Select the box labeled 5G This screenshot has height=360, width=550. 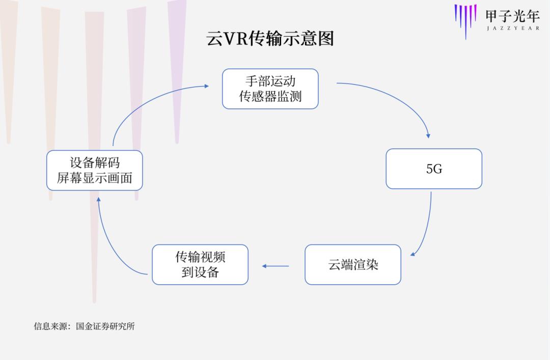click(x=434, y=169)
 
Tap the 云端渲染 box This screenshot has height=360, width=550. click(x=353, y=265)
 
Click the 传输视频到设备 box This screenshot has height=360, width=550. click(x=200, y=264)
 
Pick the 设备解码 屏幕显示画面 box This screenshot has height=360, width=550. click(x=94, y=170)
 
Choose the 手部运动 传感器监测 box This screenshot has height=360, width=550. click(x=270, y=89)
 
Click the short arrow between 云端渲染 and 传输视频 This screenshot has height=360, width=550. click(x=276, y=266)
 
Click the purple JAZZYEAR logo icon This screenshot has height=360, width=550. click(x=465, y=19)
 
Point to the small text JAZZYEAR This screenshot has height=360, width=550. click(x=512, y=29)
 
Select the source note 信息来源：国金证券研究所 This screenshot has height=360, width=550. click(x=85, y=326)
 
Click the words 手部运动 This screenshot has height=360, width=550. click(x=270, y=81)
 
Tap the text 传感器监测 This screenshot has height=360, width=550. click(x=270, y=97)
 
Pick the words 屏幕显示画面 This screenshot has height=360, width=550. click(x=94, y=178)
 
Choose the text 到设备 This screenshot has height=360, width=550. click(x=200, y=272)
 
